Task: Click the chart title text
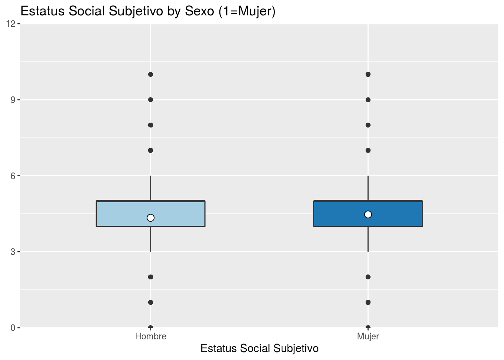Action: (x=148, y=11)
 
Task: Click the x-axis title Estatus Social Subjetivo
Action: (x=259, y=348)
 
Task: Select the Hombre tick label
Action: (x=150, y=336)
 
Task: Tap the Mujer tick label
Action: (x=368, y=336)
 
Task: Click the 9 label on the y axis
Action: (x=13, y=100)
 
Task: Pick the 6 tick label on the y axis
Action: (x=13, y=175)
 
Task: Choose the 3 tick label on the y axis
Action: (x=13, y=252)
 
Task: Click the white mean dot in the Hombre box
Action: (x=150, y=218)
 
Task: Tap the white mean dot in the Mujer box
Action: (x=368, y=214)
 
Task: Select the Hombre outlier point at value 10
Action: (x=150, y=74)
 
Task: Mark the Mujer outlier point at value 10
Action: (x=368, y=74)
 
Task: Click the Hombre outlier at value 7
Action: (x=150, y=150)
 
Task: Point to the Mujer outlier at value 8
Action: (x=368, y=125)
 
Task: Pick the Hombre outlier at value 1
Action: (x=150, y=302)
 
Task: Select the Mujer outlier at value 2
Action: (x=368, y=277)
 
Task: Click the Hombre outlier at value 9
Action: (x=150, y=100)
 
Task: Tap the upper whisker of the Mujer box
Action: (x=368, y=188)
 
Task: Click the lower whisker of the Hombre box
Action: (x=150, y=239)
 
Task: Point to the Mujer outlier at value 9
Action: (x=368, y=100)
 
